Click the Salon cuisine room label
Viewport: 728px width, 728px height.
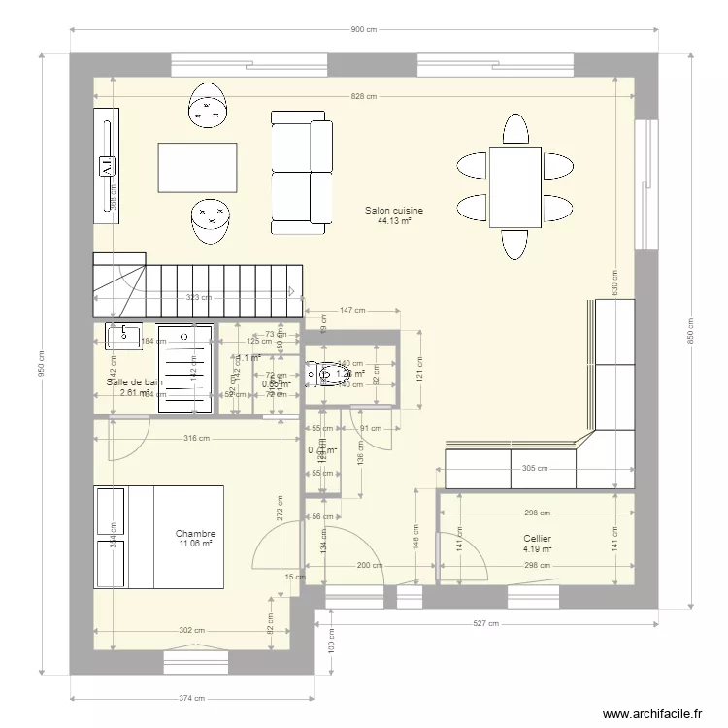click(394, 210)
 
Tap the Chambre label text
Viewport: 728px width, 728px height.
click(195, 534)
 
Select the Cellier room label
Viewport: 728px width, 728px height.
click(537, 538)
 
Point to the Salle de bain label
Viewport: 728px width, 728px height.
click(134, 382)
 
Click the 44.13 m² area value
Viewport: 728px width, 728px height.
click(394, 220)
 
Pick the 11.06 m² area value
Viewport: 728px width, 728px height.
click(195, 544)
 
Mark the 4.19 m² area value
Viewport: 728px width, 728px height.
click(537, 548)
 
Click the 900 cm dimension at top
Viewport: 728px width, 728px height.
click(363, 30)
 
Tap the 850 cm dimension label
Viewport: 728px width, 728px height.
click(690, 330)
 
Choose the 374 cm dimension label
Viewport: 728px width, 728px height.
click(192, 698)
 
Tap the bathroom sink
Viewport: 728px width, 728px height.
click(125, 337)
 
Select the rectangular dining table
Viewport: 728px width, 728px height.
click(514, 186)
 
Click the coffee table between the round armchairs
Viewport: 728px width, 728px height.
click(198, 168)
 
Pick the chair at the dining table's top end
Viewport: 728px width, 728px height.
click(514, 129)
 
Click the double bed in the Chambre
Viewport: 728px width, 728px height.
click(160, 537)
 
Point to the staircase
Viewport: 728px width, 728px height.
click(194, 286)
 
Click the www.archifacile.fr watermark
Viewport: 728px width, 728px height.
click(651, 713)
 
